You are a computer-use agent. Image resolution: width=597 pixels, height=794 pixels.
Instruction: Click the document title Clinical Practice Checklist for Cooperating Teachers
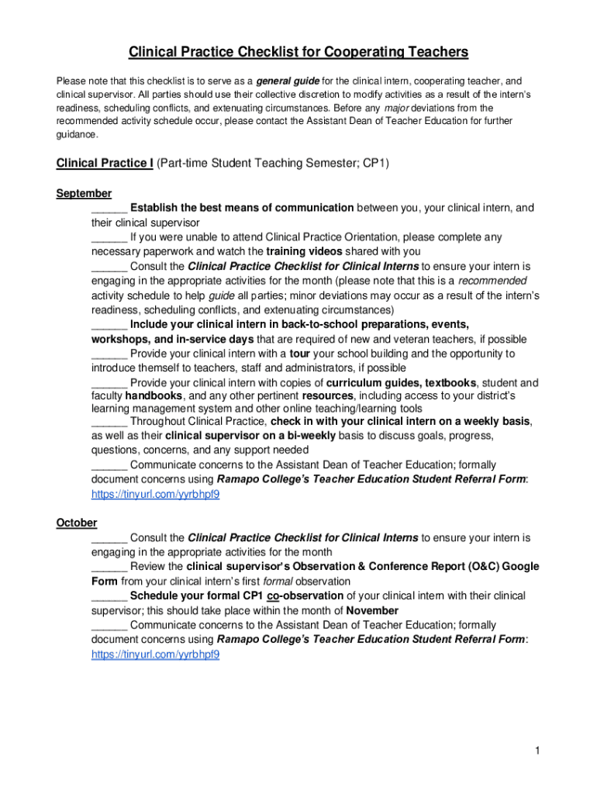[x=298, y=52]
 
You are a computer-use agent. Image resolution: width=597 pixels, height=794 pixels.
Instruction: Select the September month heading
[x=84, y=193]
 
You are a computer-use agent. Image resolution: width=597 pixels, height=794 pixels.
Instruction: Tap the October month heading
[x=77, y=523]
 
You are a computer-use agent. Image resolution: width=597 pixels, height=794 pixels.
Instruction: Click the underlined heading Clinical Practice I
[x=105, y=164]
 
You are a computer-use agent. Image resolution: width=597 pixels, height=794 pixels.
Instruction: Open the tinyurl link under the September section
[x=155, y=494]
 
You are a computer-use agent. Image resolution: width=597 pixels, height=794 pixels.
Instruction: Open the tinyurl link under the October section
[x=155, y=654]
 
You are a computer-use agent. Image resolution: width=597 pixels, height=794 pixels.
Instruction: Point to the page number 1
[x=536, y=751]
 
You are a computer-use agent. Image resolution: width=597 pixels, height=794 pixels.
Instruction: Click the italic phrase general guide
[x=287, y=81]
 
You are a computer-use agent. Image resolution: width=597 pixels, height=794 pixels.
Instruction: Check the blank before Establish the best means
[x=109, y=209]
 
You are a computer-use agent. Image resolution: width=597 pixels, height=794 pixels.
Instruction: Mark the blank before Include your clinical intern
[x=109, y=325]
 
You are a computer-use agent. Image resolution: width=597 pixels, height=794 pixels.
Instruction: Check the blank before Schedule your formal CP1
[x=109, y=596]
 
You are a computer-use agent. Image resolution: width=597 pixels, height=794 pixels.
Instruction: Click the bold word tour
[x=300, y=354]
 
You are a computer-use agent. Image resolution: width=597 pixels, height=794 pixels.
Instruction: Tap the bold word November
[x=372, y=611]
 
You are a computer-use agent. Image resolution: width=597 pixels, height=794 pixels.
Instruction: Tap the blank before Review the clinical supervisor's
[x=109, y=567]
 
